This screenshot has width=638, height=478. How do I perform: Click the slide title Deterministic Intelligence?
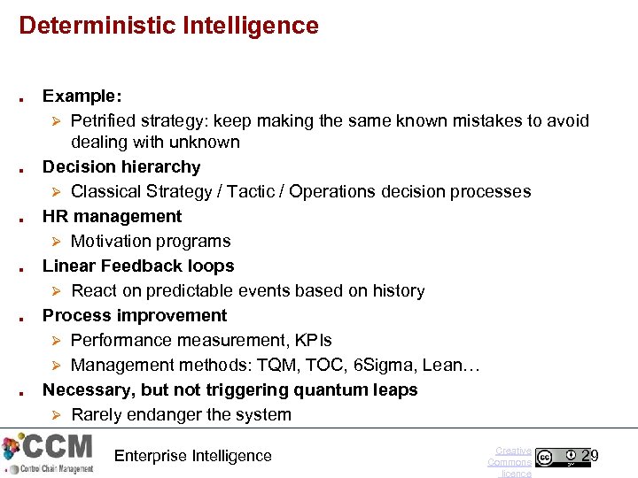168,26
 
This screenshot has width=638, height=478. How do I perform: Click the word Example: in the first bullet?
82,96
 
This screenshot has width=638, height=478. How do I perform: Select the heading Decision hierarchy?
121,166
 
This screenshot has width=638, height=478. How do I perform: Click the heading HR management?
112,216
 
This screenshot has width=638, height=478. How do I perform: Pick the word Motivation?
113,241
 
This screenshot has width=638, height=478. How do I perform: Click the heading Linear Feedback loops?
138,266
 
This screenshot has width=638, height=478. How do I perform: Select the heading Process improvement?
135,315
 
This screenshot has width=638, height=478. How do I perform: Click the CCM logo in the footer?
49,453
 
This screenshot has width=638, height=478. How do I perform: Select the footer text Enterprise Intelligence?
193,456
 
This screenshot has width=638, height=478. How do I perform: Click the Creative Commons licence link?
510,461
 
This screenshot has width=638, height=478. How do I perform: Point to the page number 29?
590,456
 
